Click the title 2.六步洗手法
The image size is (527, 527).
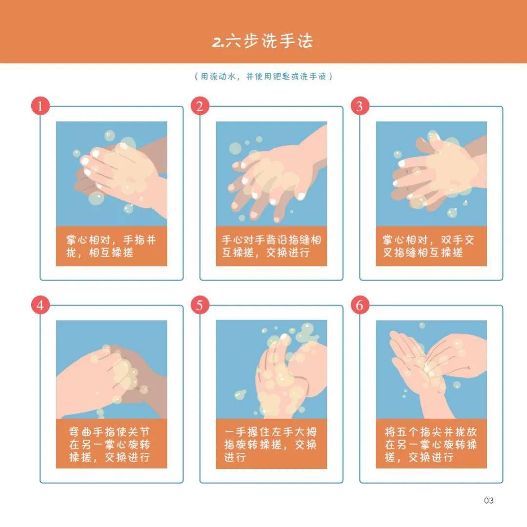pyautogui.click(x=263, y=41)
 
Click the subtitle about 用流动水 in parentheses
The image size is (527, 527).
pyautogui.click(x=263, y=77)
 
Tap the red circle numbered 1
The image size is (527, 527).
pyautogui.click(x=40, y=106)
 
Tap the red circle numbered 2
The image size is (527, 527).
pyautogui.click(x=200, y=106)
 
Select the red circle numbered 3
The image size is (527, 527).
pyautogui.click(x=360, y=106)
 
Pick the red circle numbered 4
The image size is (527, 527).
pyautogui.click(x=40, y=305)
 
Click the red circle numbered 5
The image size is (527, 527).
pyautogui.click(x=200, y=305)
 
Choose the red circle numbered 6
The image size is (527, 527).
pyautogui.click(x=360, y=305)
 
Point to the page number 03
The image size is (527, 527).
pyautogui.click(x=488, y=500)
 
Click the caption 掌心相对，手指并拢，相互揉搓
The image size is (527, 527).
pyautogui.click(x=111, y=246)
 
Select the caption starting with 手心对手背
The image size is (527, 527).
pyautogui.click(x=271, y=246)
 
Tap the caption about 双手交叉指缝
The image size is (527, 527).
pyautogui.click(x=431, y=246)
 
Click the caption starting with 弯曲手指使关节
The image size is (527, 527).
pyautogui.click(x=111, y=445)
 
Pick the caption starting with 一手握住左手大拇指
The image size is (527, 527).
pyautogui.click(x=271, y=445)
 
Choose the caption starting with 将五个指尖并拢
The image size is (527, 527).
pyautogui.click(x=431, y=445)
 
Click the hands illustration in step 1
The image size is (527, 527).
pyautogui.click(x=111, y=174)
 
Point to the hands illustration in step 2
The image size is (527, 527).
pyautogui.click(x=271, y=174)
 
